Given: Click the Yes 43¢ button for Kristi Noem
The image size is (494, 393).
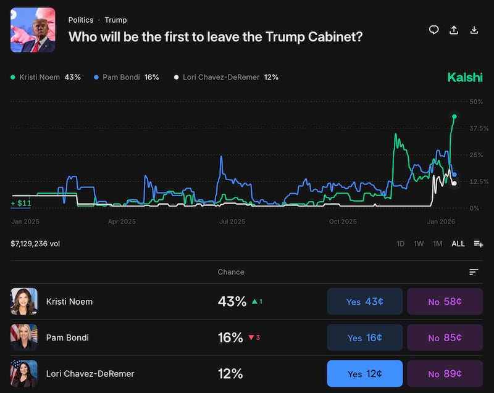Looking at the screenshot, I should pyautogui.click(x=364, y=302).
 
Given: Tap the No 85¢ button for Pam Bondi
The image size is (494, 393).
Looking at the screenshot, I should pyautogui.click(x=445, y=337).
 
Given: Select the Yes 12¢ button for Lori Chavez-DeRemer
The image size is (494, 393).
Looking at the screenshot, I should pyautogui.click(x=364, y=373).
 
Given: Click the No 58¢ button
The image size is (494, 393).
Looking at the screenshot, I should pyautogui.click(x=445, y=302).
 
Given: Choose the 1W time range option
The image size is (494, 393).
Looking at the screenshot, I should pyautogui.click(x=419, y=244).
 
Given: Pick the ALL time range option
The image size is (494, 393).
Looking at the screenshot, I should pyautogui.click(x=458, y=244).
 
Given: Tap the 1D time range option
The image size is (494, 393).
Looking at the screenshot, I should pyautogui.click(x=400, y=244).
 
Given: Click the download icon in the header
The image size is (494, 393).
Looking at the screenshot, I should pyautogui.click(x=474, y=30).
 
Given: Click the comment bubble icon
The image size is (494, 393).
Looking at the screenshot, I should pyautogui.click(x=433, y=30).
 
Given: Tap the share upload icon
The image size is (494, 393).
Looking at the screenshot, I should pyautogui.click(x=454, y=30).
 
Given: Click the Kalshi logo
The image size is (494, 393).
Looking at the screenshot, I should pyautogui.click(x=465, y=77).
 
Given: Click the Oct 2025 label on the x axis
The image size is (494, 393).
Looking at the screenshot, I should pyautogui.click(x=343, y=221).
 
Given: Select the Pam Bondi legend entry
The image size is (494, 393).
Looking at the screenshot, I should pyautogui.click(x=127, y=77).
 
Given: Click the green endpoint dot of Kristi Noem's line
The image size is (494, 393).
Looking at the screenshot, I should pyautogui.click(x=454, y=117).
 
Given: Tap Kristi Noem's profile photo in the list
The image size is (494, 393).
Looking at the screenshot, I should pyautogui.click(x=24, y=302).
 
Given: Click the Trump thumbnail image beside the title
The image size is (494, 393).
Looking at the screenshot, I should pyautogui.click(x=33, y=30).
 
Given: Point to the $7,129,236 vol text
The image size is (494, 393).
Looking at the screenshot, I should pyautogui.click(x=35, y=244).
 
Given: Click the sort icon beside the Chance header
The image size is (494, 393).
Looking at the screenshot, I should pyautogui.click(x=474, y=272).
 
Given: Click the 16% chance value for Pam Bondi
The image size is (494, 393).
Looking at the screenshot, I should pyautogui.click(x=230, y=337).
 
